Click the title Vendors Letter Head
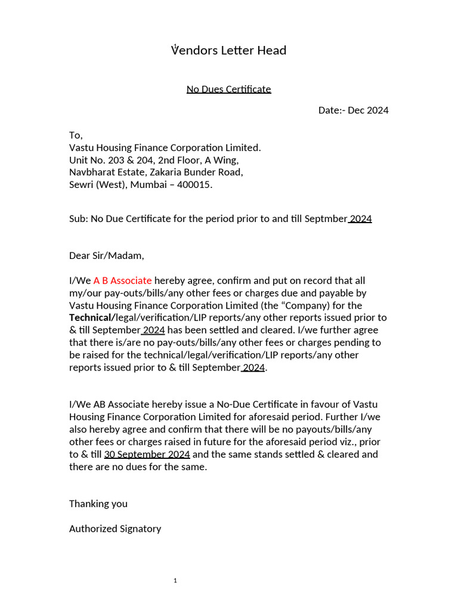coord(229,50)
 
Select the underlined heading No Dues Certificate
coord(228,90)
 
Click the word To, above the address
coord(76,135)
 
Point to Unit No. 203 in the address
coord(98,160)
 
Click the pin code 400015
coord(193,185)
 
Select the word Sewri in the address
coord(82,185)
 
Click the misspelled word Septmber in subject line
coord(326,219)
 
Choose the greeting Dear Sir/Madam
coord(107,256)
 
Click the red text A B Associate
coord(122,280)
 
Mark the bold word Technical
coord(91,317)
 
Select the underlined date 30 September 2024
coord(147,454)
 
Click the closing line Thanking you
coord(98,504)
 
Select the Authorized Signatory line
coord(115,529)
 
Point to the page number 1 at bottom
coord(175,581)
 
